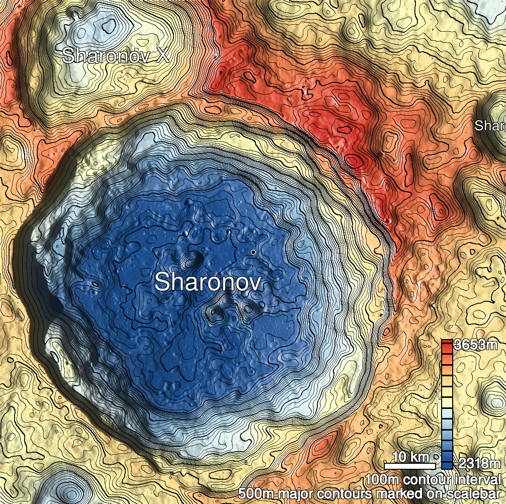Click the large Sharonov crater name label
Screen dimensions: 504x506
(208, 282)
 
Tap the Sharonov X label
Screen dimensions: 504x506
(115, 55)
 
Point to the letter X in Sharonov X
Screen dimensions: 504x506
(162, 55)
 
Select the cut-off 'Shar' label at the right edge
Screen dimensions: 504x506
(490, 126)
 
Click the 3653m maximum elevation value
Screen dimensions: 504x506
(475, 345)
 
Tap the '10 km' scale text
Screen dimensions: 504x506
(410, 457)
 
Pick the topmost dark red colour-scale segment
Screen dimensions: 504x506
(447, 344)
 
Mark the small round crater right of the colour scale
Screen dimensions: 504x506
(492, 392)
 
